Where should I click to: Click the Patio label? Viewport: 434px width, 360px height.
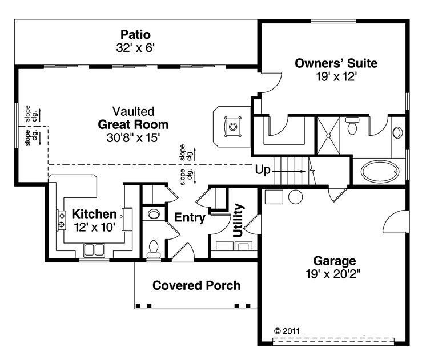tap(136, 35)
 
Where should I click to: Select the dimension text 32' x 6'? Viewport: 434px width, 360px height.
tap(135, 48)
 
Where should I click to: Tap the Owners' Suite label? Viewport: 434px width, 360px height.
tap(336, 63)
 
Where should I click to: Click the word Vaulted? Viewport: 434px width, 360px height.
tap(134, 111)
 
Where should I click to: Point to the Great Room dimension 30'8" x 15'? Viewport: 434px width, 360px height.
tap(134, 137)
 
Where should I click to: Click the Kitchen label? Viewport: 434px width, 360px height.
tap(94, 214)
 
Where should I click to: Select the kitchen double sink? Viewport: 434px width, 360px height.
tap(94, 250)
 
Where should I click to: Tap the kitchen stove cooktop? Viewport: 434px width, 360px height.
tap(62, 220)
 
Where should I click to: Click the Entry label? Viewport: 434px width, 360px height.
tap(190, 217)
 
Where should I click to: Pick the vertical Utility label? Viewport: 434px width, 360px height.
tap(238, 220)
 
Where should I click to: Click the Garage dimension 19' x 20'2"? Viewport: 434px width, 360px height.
tap(333, 274)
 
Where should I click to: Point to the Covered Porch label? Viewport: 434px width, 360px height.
tap(196, 286)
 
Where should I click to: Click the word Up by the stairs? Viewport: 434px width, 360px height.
tap(263, 170)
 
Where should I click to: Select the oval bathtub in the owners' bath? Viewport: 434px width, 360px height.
tap(380, 171)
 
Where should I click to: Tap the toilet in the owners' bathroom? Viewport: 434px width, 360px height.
tap(352, 126)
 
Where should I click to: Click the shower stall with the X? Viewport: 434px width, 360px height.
tap(328, 135)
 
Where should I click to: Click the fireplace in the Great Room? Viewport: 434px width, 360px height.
tap(232, 127)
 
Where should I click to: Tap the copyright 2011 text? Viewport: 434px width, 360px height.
tap(287, 331)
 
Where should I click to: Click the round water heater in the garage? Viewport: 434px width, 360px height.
tap(296, 197)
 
